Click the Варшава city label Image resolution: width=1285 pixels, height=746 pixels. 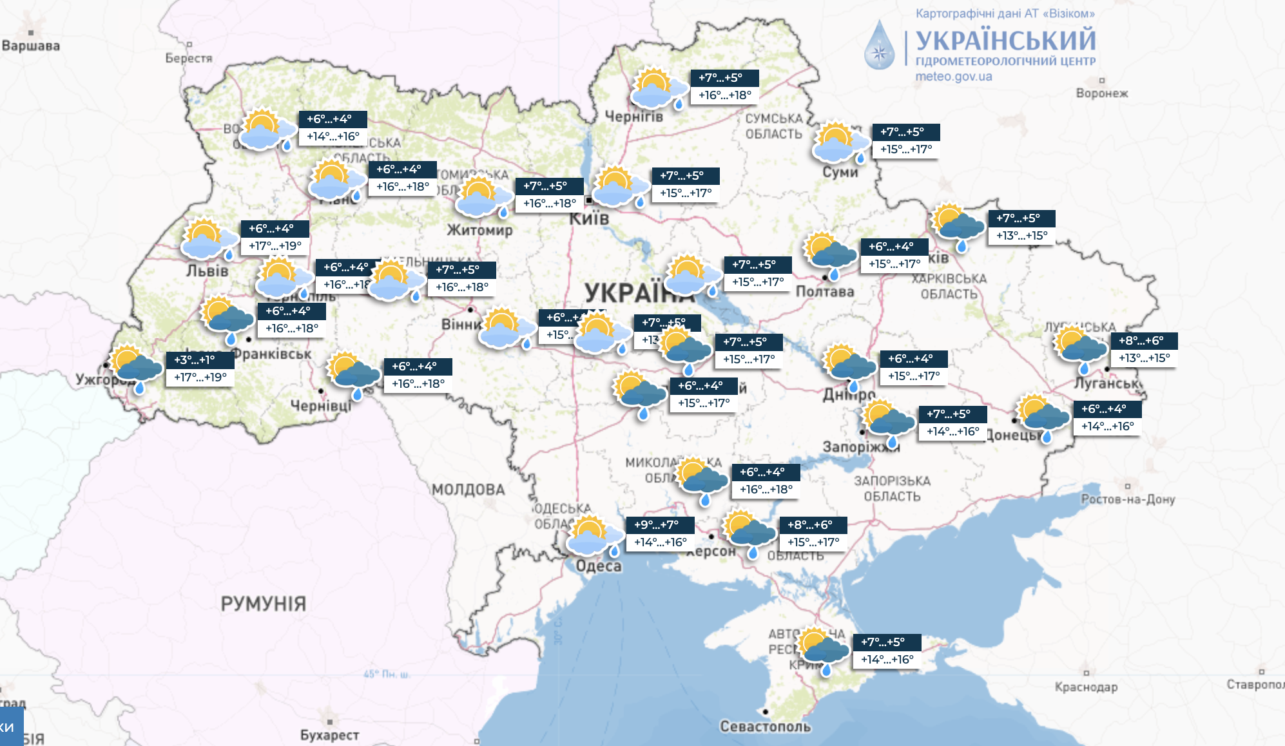[x=31, y=46]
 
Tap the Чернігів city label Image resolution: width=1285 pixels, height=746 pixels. [x=633, y=117]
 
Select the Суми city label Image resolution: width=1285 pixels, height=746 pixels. [x=840, y=172]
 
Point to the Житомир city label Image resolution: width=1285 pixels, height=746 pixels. [x=480, y=230]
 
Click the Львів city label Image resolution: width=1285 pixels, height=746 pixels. [x=208, y=271]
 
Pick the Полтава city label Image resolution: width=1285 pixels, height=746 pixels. [x=825, y=292]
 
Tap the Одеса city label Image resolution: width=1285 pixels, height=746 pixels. [x=599, y=566]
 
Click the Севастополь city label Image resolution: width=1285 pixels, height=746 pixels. [x=765, y=727]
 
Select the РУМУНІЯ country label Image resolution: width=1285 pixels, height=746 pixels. [x=263, y=604]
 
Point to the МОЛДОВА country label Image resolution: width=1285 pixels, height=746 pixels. [x=469, y=490]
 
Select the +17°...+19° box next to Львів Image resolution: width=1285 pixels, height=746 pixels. [x=275, y=246]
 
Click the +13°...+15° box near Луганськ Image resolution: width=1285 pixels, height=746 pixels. [x=1144, y=358]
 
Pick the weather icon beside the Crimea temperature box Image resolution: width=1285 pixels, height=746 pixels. [x=823, y=649]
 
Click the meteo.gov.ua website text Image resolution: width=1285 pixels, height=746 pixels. [x=954, y=77]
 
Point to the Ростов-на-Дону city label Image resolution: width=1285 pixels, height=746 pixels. [x=1128, y=499]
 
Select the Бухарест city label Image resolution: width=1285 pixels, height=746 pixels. [x=329, y=735]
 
